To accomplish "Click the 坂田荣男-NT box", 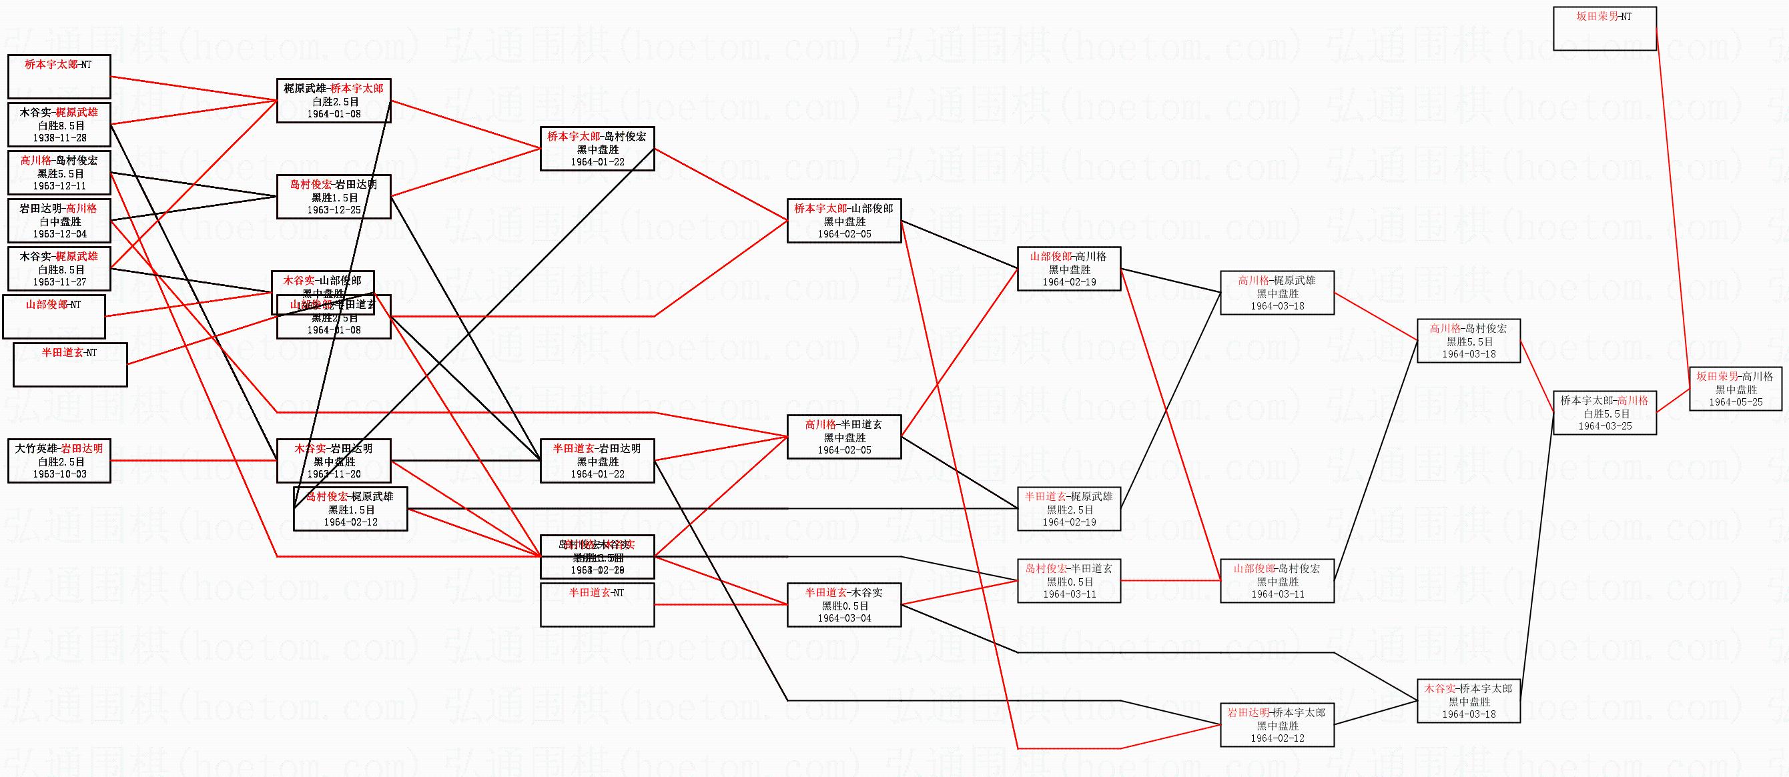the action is [x=1604, y=29].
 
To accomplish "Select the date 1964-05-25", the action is [x=1736, y=402].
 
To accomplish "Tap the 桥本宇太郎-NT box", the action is [x=59, y=77].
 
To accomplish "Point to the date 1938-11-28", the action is [x=59, y=138].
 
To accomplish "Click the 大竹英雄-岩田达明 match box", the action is [x=59, y=460].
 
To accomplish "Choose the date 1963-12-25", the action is [x=334, y=209].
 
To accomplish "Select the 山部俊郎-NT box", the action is [x=53, y=317].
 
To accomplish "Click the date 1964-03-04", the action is [x=844, y=618].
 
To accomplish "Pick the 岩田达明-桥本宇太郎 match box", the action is [x=1277, y=724].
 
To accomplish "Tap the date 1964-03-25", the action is [x=1604, y=426].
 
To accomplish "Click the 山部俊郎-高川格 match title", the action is [x=1068, y=256].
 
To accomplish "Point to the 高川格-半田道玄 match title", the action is [x=844, y=424].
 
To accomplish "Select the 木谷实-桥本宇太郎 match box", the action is [x=1468, y=700].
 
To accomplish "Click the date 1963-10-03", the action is [x=59, y=474].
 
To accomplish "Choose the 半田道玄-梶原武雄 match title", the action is [x=1068, y=496].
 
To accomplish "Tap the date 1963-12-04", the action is [x=59, y=234].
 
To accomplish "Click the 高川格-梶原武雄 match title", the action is [x=1277, y=281].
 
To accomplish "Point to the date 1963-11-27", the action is [x=59, y=282].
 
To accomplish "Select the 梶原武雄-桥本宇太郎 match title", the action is [x=334, y=88].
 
